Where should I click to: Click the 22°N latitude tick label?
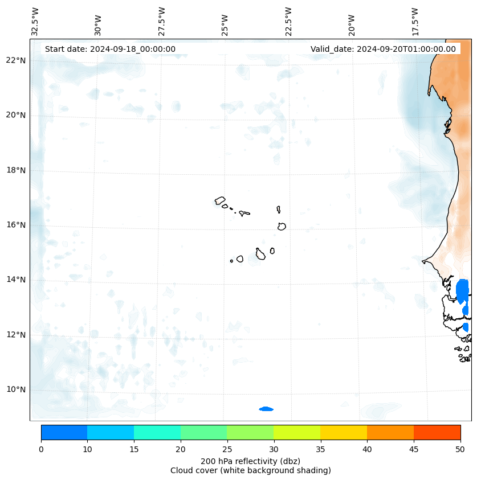[x=16, y=60]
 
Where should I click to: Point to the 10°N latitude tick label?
[x=16, y=389]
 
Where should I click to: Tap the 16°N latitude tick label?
[x=16, y=225]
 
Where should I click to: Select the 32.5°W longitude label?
[x=35, y=21]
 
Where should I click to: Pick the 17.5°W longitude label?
[x=415, y=21]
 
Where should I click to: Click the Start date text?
[x=110, y=49]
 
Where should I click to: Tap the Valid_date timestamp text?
[x=383, y=49]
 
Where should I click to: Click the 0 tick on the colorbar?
[x=41, y=449]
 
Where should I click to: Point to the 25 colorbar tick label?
[x=227, y=449]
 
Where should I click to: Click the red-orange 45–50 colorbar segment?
[x=437, y=432]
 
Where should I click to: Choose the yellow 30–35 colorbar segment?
[x=297, y=432]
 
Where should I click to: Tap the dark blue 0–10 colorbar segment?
[x=64, y=432]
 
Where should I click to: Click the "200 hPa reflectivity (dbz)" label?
[x=250, y=461]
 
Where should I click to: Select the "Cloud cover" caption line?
[x=250, y=470]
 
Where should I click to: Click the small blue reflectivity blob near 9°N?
[x=266, y=409]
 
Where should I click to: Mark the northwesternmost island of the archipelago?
[x=220, y=200]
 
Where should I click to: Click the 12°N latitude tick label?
[x=16, y=335]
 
